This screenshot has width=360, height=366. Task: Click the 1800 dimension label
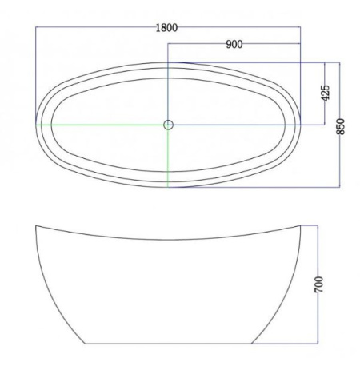coord(166,28)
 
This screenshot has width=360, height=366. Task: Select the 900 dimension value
coord(234,44)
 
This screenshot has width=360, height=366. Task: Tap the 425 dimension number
coord(325,93)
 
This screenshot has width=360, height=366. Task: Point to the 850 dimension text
coord(341,126)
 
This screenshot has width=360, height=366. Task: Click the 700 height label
coord(318,284)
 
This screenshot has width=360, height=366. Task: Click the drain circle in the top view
coord(168,125)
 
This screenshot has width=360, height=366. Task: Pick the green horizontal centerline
coord(102,125)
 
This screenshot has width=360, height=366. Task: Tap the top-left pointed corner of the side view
coord(36,225)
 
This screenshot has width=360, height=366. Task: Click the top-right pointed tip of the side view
coord(301,225)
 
